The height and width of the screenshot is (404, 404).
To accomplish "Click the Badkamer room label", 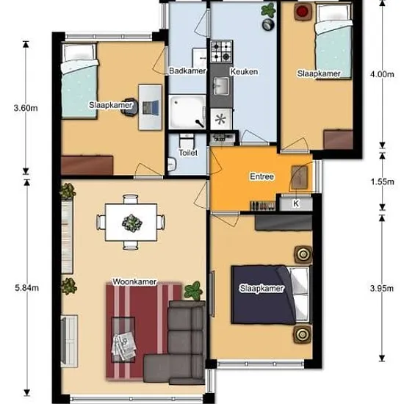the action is click(187, 71).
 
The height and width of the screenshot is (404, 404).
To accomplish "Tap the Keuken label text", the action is click(244, 71).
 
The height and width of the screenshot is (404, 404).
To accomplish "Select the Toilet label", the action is click(188, 153).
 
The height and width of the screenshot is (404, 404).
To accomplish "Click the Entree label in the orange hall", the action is click(261, 176).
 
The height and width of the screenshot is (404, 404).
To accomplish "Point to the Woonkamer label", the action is click(134, 281).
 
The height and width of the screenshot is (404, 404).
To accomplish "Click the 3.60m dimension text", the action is click(26, 108).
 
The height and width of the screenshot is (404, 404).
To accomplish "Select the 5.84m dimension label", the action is click(26, 287).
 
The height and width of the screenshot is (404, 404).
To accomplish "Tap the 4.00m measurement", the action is click(382, 74).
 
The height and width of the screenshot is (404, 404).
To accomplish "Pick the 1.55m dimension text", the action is click(383, 182).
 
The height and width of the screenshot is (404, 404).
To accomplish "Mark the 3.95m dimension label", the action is click(382, 289).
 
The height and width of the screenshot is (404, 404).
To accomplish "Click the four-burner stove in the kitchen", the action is click(221, 51).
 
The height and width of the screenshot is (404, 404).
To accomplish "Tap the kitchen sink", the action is click(221, 86).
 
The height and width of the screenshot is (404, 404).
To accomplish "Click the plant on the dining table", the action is click(132, 223).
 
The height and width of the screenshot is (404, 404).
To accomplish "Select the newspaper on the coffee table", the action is click(123, 346).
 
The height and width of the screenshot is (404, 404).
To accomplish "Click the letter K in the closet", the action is click(296, 203).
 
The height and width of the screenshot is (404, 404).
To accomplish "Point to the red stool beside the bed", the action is click(302, 12).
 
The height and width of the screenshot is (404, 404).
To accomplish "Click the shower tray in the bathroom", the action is click(187, 112).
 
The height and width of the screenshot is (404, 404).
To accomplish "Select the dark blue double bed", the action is click(271, 295).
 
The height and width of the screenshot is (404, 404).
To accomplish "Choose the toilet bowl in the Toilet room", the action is click(187, 141).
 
